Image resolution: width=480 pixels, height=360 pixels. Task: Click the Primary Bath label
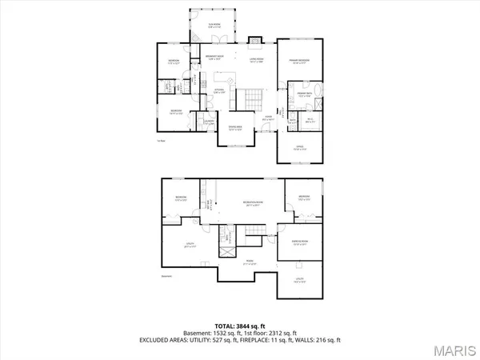(304, 94)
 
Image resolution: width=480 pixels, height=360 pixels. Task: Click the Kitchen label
(218, 90)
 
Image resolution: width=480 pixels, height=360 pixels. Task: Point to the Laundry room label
(206, 124)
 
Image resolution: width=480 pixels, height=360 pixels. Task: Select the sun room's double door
(226, 41)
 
